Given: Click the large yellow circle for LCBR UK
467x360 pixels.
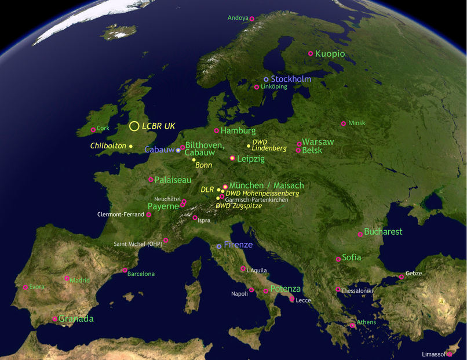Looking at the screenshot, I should (134, 126).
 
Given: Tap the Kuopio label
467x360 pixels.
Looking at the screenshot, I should (330, 54).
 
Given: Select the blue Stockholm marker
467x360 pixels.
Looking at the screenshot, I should (267, 79).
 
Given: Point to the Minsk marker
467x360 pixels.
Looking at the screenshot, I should (344, 123).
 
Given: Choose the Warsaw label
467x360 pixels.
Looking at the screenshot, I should (318, 141).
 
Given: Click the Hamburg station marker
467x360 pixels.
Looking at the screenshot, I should (217, 131).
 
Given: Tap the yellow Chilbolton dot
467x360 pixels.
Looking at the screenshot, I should (131, 146).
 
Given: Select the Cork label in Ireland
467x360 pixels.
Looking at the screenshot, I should (103, 128).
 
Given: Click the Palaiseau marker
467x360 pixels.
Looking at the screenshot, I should (151, 180).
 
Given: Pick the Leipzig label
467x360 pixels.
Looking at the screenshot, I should (251, 158).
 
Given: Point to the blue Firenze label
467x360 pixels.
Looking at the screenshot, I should (238, 245).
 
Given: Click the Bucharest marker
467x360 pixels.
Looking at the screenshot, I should (360, 234).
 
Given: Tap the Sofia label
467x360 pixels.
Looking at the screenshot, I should (352, 257).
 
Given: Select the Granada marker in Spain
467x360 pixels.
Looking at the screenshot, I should (55, 319).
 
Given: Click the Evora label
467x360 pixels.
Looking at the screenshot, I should (37, 286).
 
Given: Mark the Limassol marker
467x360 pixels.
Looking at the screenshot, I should (450, 354).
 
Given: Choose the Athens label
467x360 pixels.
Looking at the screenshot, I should (366, 322).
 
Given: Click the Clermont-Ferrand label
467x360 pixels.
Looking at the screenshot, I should (121, 214).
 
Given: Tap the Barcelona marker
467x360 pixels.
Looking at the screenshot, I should (125, 270).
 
